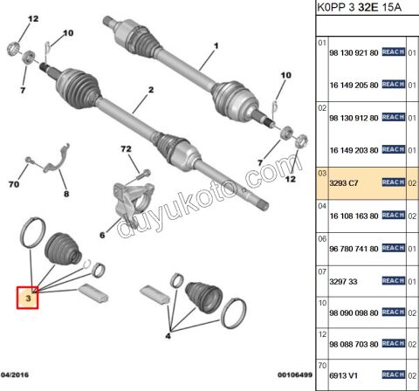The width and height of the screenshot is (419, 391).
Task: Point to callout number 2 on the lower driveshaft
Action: coord(150,89)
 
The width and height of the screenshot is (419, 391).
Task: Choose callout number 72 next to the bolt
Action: coord(128,151)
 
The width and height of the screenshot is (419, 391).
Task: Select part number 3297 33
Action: coord(342,282)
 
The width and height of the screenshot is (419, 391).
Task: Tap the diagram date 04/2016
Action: coord(17,374)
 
